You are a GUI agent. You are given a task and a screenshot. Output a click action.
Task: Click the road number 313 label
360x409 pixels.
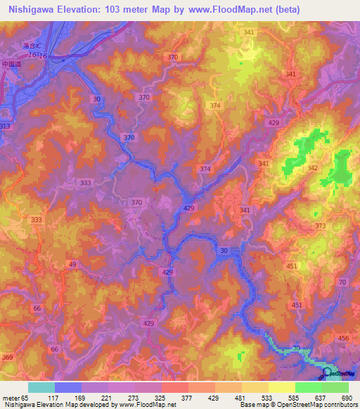tap(6, 126)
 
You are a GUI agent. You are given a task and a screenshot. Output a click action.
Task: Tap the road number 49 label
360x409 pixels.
tap(72, 264)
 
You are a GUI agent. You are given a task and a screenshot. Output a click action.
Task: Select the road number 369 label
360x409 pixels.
tap(7, 358)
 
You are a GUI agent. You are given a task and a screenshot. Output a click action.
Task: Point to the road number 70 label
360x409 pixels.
tap(342, 282)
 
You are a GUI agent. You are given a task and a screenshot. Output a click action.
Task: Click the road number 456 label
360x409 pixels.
tap(343, 339)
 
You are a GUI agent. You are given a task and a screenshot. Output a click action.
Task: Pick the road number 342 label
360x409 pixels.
tap(312, 168)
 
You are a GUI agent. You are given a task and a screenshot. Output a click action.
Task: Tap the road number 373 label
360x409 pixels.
tap(321, 226)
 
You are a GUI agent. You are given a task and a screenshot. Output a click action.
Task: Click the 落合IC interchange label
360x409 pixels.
tap(31, 45)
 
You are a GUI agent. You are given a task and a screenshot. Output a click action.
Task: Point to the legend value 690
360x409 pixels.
tap(345, 398)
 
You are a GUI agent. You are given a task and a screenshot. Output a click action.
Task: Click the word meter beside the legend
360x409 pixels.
tap(13, 398)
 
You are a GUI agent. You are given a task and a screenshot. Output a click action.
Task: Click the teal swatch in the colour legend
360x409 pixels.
tap(41, 387)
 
